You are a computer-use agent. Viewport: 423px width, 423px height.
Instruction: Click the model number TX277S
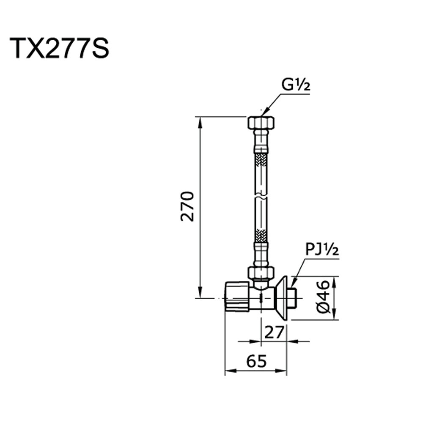[59, 48]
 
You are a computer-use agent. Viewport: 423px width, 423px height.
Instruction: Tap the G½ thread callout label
[296, 85]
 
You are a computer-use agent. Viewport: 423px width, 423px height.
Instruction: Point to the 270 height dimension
[187, 206]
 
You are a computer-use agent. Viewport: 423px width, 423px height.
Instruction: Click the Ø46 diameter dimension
[323, 297]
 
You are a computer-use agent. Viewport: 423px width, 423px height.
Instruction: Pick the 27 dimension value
[275, 332]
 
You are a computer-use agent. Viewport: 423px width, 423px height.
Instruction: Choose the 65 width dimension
[256, 361]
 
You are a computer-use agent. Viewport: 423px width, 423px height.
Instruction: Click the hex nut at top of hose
[261, 123]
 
